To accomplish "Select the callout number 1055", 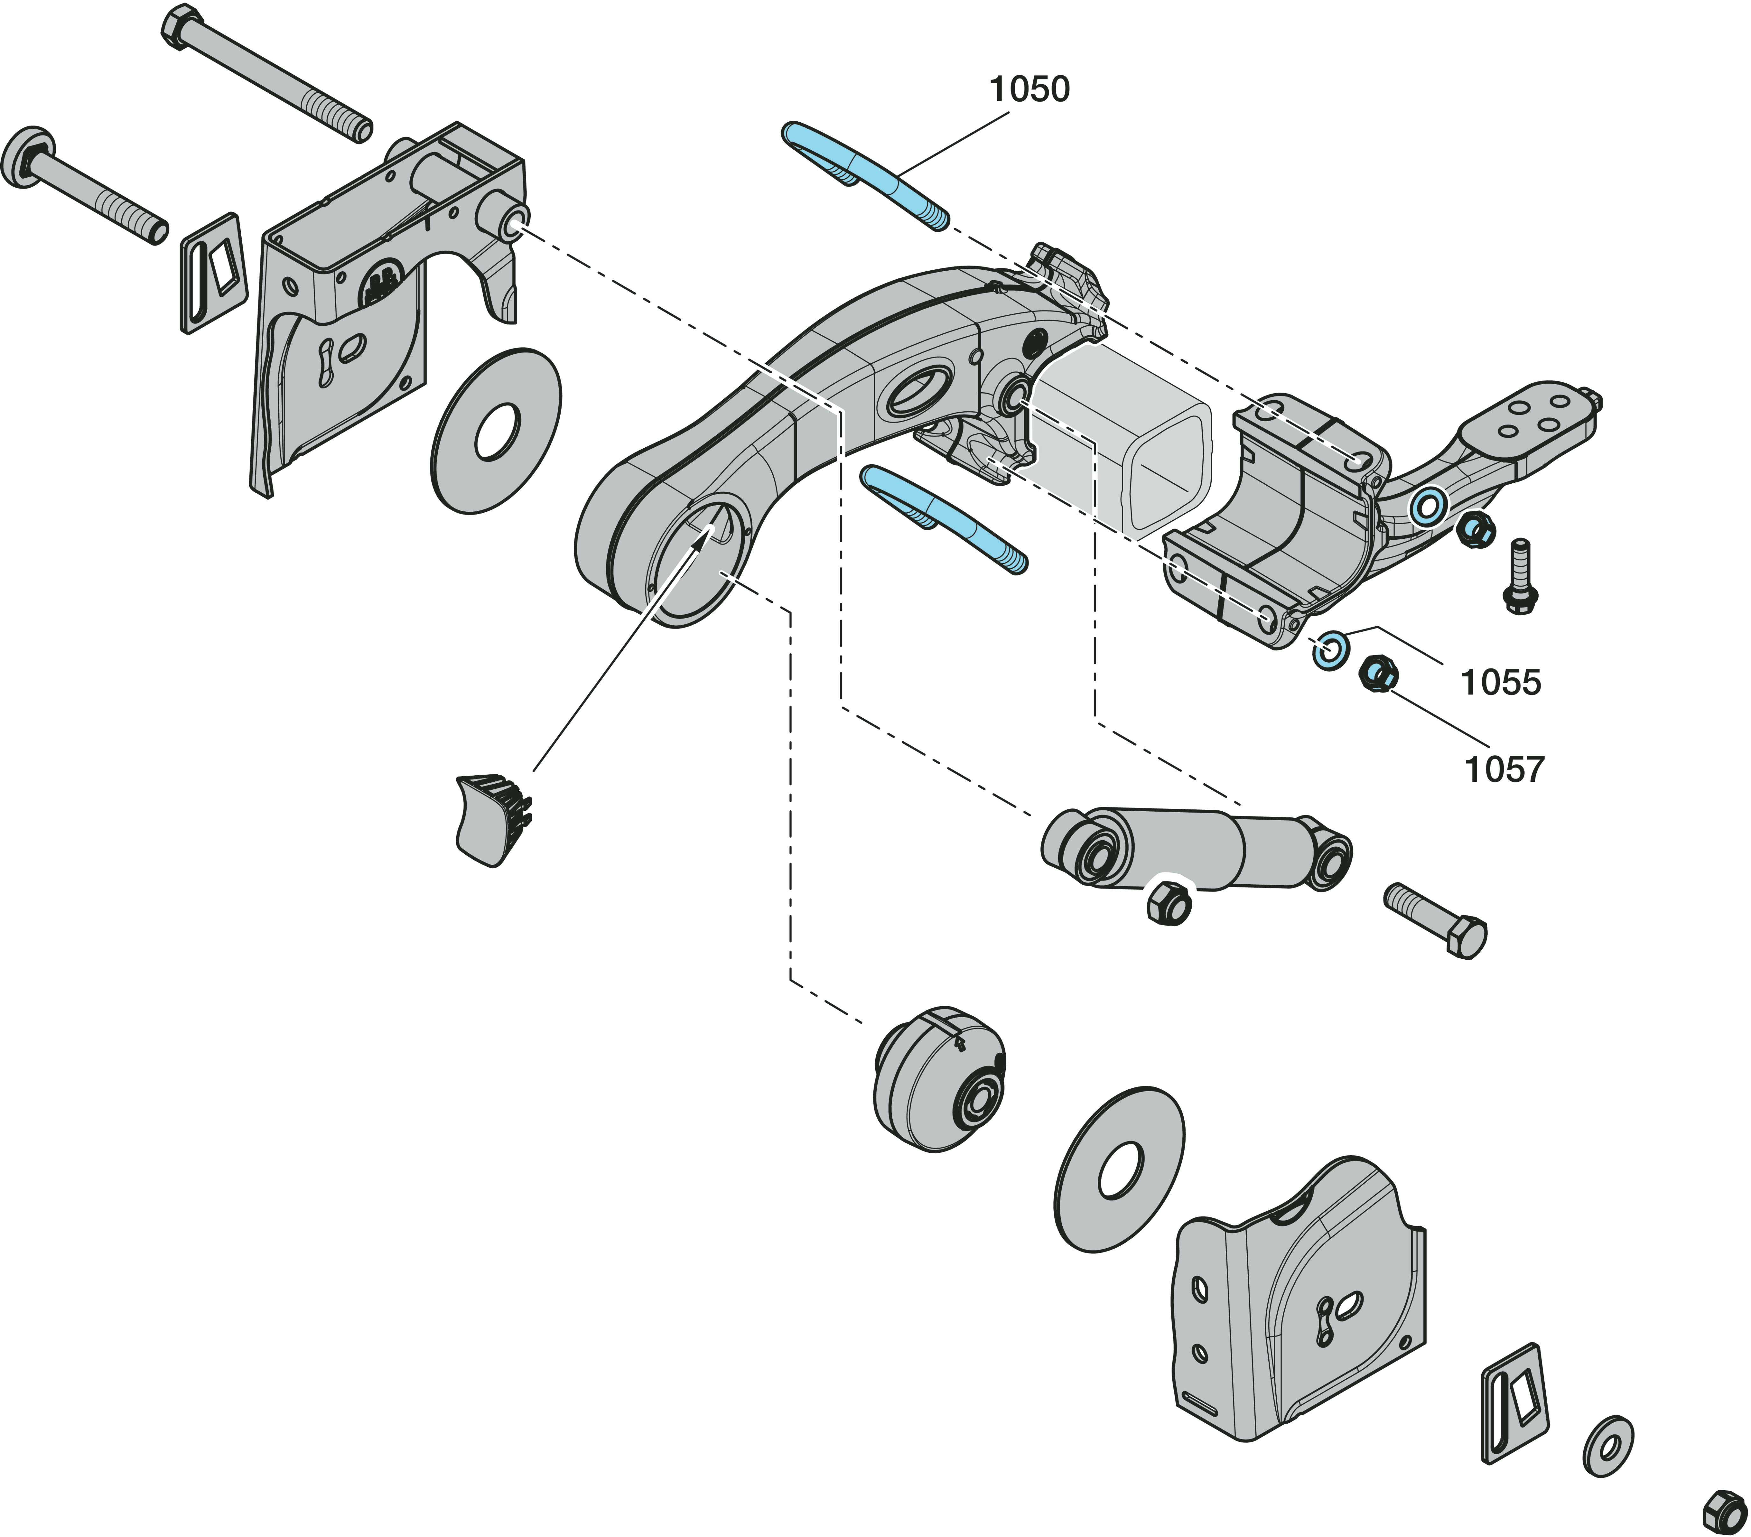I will click(x=1500, y=683).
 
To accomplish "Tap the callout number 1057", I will click(x=1503, y=769).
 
